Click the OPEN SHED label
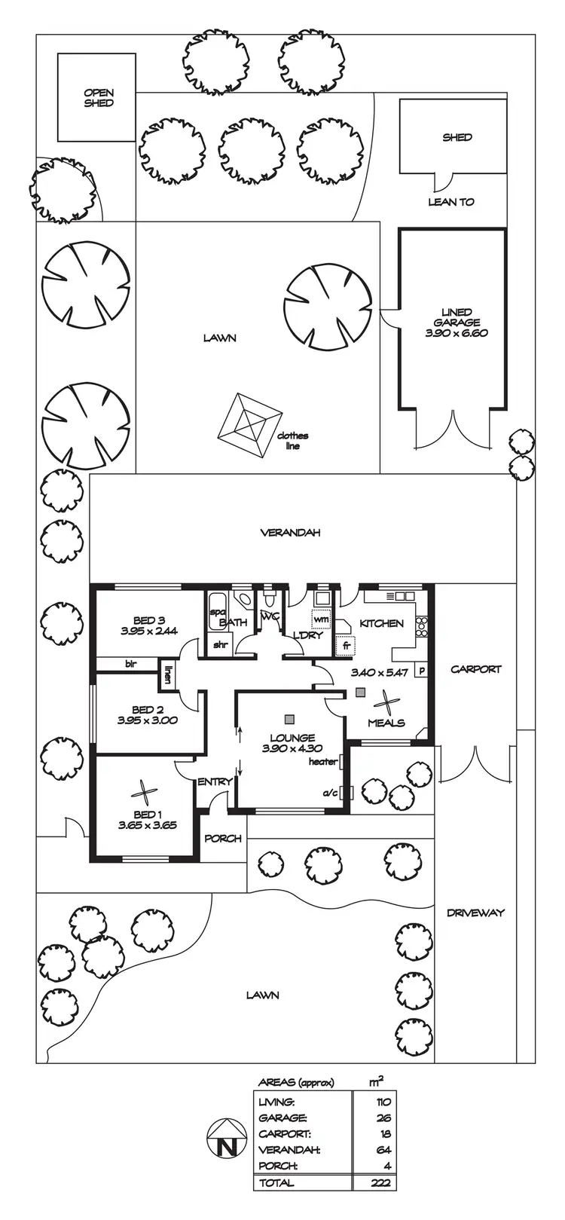[x=99, y=98]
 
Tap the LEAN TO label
[x=450, y=202]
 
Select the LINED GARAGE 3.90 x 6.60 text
[x=457, y=322]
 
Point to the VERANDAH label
[x=290, y=532]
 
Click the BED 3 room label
[x=148, y=625]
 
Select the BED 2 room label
[x=147, y=714]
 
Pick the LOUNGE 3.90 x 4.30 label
[x=292, y=743]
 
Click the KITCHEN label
[x=381, y=623]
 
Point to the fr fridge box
[x=347, y=646]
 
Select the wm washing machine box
[x=321, y=619]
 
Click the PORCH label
[x=223, y=838]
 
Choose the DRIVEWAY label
[x=475, y=913]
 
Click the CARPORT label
[x=475, y=668]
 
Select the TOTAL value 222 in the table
[x=380, y=1182]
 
